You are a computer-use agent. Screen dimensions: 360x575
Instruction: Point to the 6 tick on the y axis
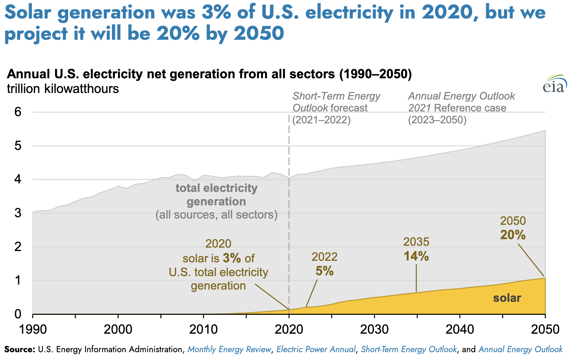click(18, 112)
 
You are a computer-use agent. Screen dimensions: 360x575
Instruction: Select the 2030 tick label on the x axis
click(374, 330)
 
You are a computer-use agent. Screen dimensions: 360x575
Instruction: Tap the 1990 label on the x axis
click(33, 330)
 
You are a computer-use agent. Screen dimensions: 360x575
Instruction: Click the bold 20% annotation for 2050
click(513, 235)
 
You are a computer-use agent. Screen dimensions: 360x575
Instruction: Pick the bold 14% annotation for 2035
click(416, 256)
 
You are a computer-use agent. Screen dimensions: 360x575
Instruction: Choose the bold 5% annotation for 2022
click(324, 271)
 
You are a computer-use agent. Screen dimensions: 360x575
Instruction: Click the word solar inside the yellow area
click(507, 298)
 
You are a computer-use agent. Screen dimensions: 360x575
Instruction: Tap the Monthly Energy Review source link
click(229, 349)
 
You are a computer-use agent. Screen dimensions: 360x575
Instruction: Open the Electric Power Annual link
click(316, 349)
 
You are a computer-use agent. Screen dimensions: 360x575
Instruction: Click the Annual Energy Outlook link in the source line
click(520, 349)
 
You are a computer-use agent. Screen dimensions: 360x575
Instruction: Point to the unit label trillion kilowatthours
click(63, 89)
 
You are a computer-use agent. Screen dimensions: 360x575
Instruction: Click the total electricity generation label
click(216, 195)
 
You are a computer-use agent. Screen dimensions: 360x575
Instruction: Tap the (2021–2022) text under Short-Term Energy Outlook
click(322, 120)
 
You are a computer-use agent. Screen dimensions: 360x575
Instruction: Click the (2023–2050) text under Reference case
click(437, 120)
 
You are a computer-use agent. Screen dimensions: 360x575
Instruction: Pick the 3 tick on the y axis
click(18, 213)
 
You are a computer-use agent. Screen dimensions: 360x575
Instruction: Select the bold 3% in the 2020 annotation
click(232, 258)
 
